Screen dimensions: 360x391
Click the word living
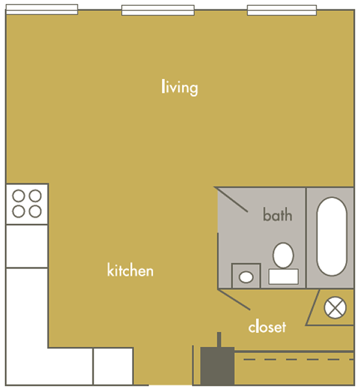coord(180,87)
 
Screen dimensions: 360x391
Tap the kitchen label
coord(130,270)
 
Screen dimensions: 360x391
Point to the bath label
coord(277,214)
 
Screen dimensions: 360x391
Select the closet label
coord(267,326)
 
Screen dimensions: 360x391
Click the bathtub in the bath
coord(331,237)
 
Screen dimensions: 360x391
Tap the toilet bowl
coord(283,255)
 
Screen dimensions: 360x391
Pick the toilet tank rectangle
coord(284,276)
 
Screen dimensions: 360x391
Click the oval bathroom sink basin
coord(246,277)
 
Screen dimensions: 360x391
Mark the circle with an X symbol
coord(335,308)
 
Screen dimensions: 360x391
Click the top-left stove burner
coord(19,195)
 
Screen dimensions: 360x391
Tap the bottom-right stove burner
coord(35,212)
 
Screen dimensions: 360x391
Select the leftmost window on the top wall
coord(42,10)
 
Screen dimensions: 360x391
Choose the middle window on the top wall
coord(158,10)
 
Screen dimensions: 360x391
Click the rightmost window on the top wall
coord(282,10)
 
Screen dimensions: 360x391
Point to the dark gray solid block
coord(217,366)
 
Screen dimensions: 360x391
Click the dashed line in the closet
coord(298,359)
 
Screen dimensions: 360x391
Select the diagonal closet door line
coord(234,300)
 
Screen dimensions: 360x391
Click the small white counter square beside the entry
coord(113,366)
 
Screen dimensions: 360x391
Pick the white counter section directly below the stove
coord(27,246)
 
